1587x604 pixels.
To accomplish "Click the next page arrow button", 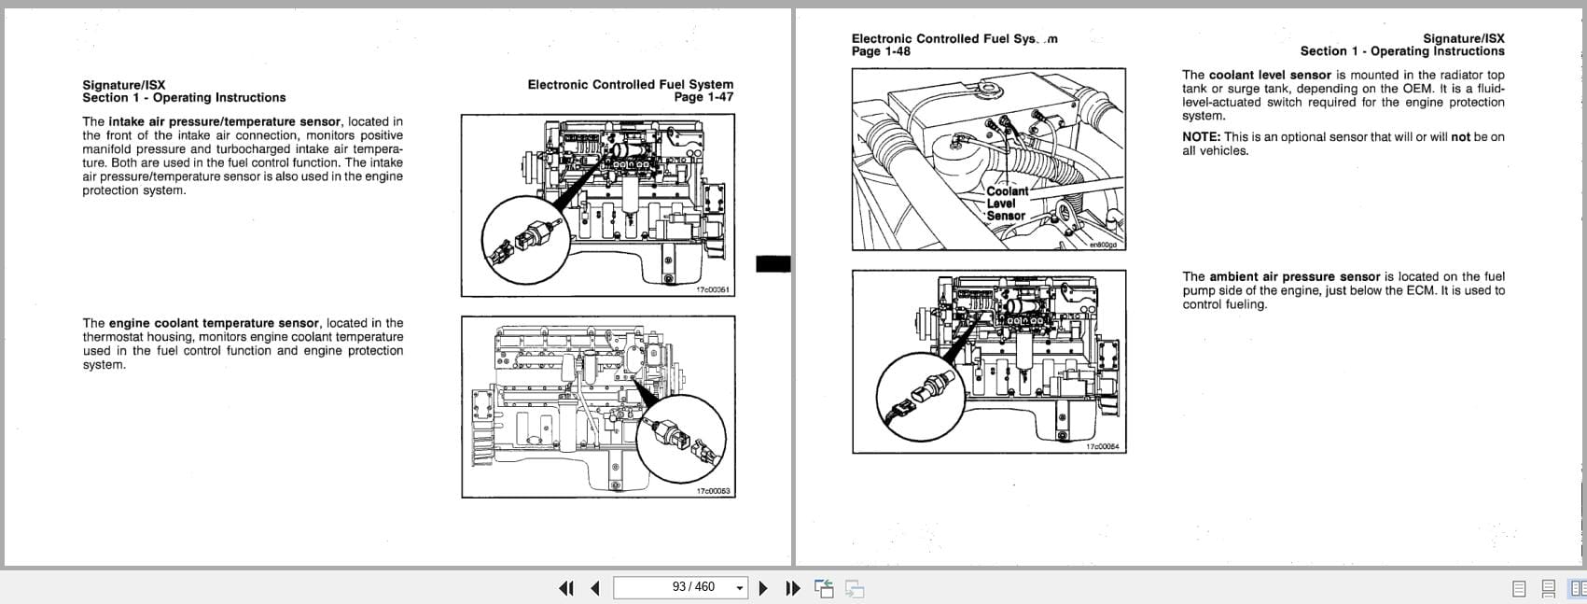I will tap(763, 588).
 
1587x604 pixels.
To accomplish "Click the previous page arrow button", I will tap(595, 588).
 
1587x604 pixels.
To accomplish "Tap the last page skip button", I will tap(793, 588).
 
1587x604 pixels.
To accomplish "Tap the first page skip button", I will tap(565, 588).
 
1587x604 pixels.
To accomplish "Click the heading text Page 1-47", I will tap(703, 97).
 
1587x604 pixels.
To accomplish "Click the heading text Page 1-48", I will tap(881, 51).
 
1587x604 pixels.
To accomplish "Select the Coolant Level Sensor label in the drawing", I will tap(1007, 204).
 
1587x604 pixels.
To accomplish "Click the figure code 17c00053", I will tap(713, 491).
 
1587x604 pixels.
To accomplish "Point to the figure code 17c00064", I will tap(1103, 447).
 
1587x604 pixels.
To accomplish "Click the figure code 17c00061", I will tap(713, 290).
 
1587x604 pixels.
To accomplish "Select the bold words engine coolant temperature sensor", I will tap(214, 323).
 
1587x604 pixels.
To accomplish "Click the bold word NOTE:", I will tap(1201, 137).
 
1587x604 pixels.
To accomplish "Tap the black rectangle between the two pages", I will tap(773, 264).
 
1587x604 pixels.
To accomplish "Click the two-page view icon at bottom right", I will tap(1577, 588).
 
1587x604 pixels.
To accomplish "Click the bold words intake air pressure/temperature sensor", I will tap(225, 121).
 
